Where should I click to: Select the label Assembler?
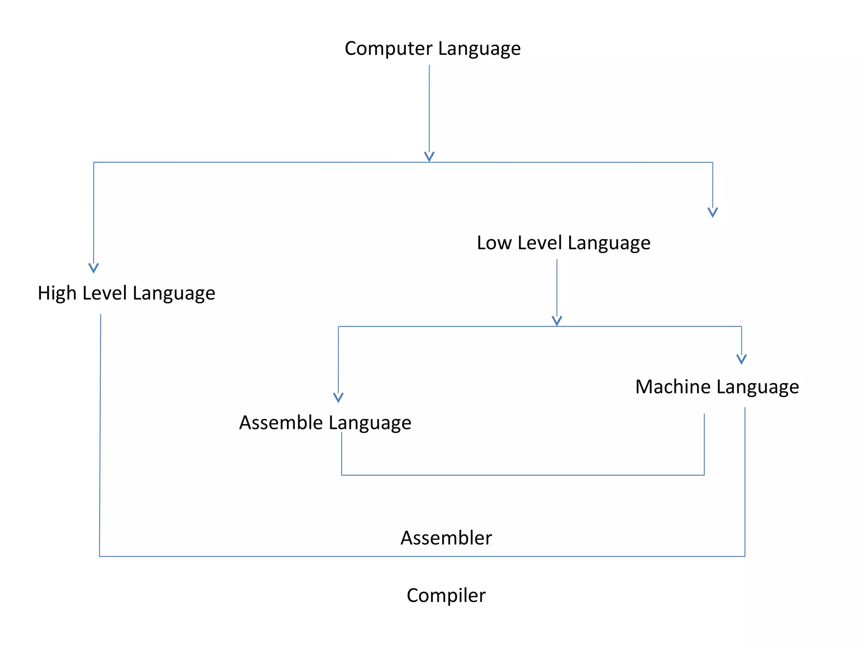(446, 538)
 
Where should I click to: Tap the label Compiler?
(446, 596)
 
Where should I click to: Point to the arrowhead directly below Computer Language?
(429, 157)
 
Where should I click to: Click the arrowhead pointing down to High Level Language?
(94, 268)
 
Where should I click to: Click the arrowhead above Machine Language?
(741, 359)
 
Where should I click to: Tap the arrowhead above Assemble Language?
(338, 397)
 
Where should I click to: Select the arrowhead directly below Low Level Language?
(557, 321)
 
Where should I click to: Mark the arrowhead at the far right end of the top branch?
(713, 212)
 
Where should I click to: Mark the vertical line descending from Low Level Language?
(557, 287)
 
